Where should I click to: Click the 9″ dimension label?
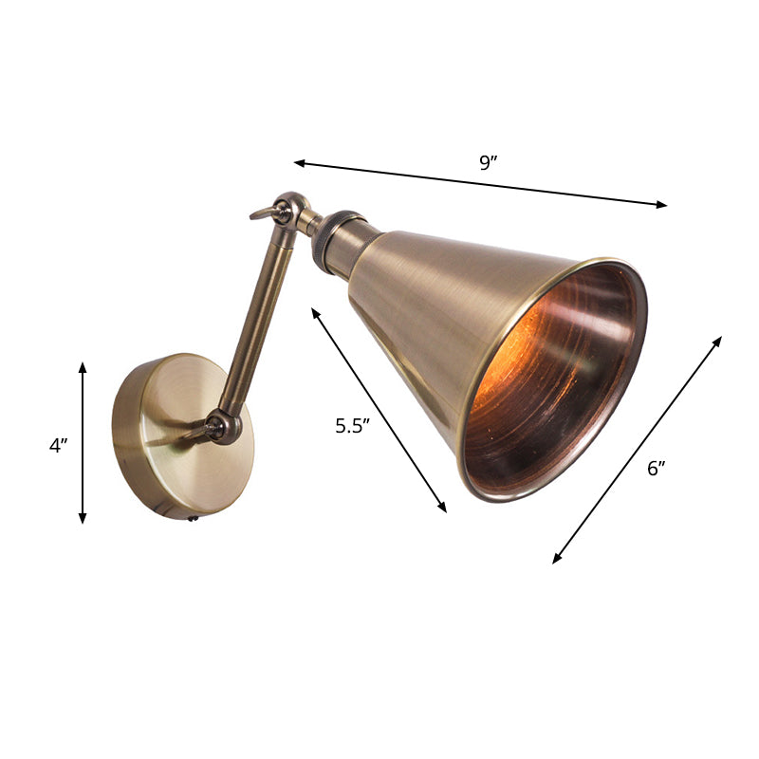click(488, 162)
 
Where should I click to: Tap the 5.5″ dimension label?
click(350, 426)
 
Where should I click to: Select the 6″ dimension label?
click(657, 467)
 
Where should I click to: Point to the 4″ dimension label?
click(59, 445)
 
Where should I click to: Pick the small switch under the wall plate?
click(194, 518)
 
